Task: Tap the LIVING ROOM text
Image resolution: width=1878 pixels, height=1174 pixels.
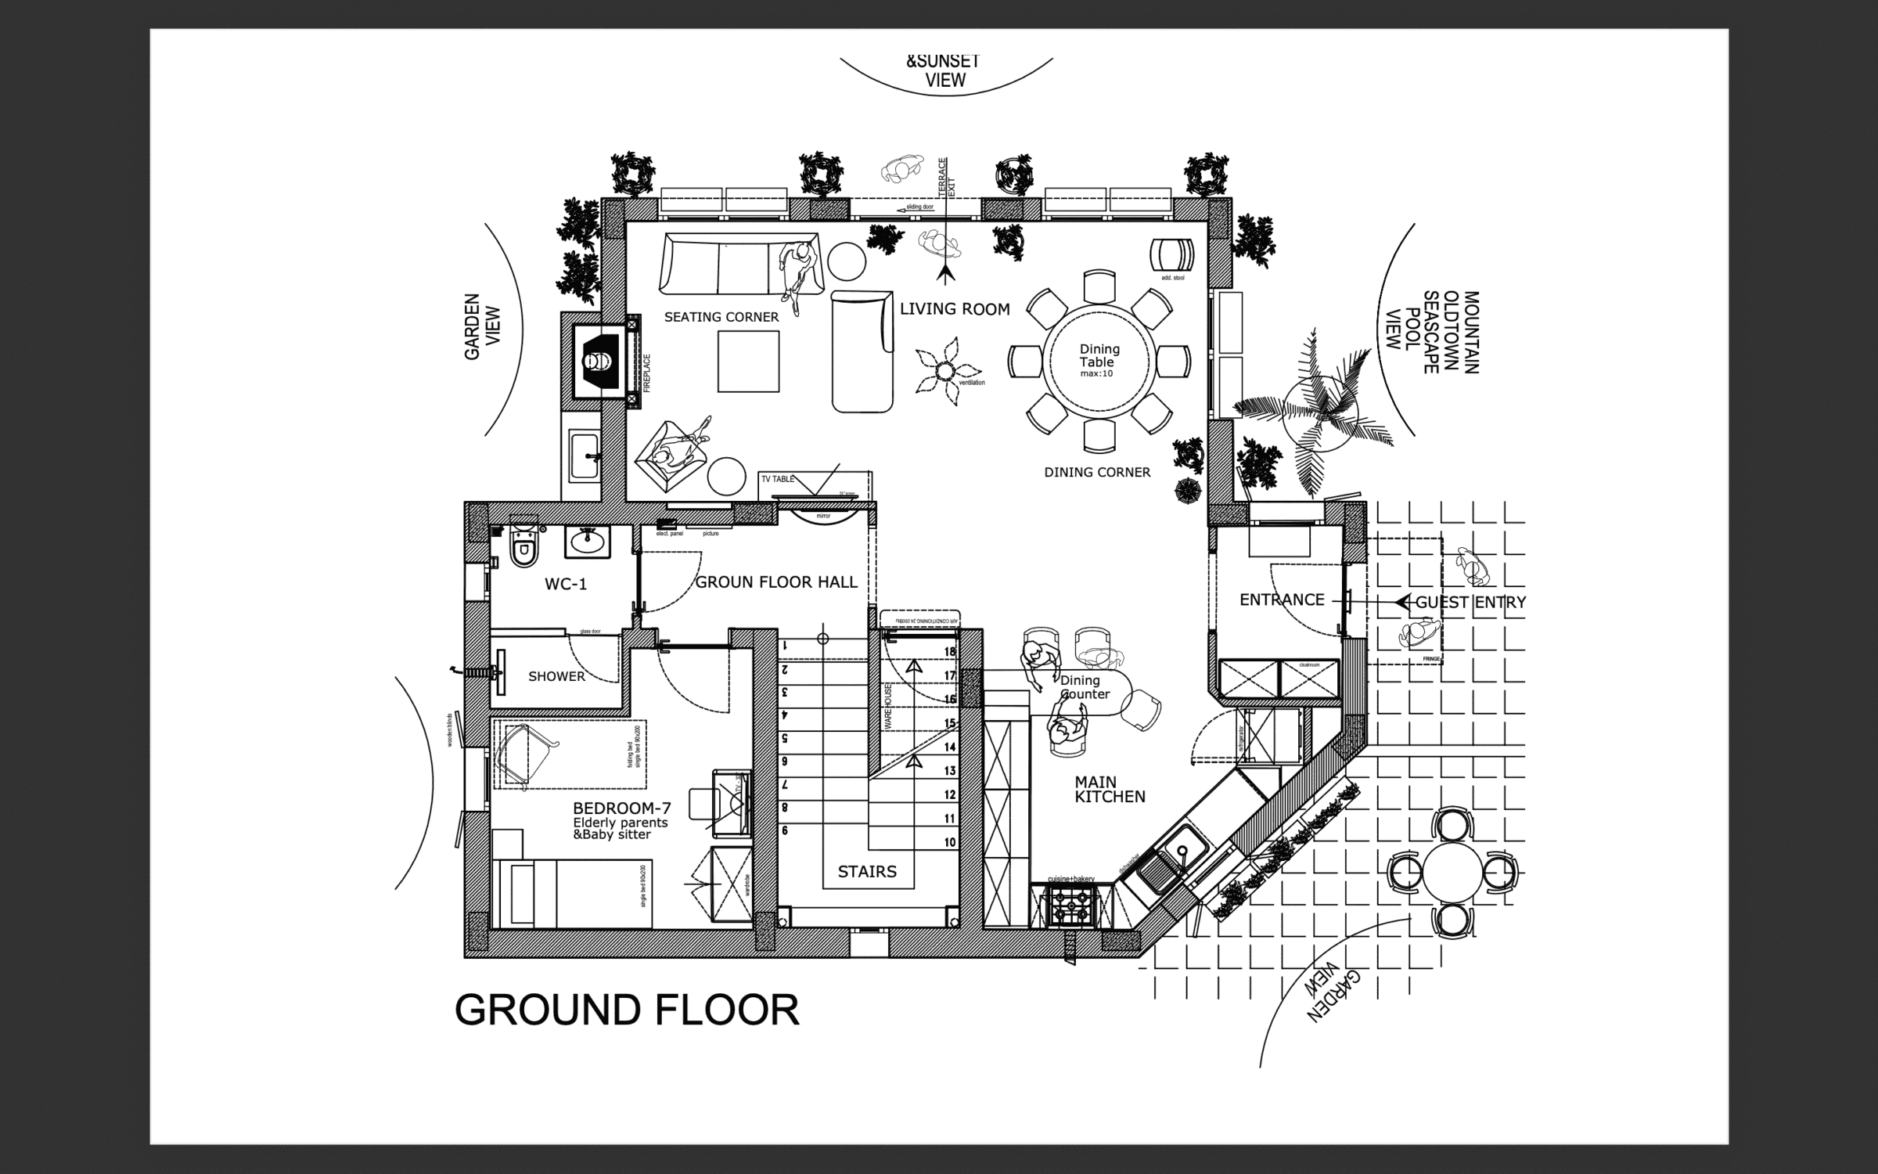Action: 955,309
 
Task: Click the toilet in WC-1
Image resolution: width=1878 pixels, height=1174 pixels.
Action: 523,549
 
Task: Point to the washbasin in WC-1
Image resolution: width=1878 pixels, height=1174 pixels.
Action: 588,541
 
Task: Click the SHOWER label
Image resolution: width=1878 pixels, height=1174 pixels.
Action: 556,676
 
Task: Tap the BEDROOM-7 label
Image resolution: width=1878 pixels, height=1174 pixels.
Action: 621,808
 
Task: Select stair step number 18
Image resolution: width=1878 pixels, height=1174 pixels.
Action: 949,651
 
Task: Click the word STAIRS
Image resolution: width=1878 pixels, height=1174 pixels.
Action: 867,872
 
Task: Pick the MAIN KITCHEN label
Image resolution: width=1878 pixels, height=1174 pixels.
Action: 1110,789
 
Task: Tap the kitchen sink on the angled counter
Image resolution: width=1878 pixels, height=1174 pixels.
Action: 1176,856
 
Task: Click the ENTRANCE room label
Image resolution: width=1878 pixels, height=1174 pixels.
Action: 1282,600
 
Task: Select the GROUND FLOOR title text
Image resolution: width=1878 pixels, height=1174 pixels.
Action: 627,1010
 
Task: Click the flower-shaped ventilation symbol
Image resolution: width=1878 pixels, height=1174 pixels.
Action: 946,371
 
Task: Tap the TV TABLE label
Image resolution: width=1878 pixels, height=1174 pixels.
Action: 777,478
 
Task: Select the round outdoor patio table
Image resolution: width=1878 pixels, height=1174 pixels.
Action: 1452,872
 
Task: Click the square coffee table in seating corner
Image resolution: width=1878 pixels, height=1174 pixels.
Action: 748,361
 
